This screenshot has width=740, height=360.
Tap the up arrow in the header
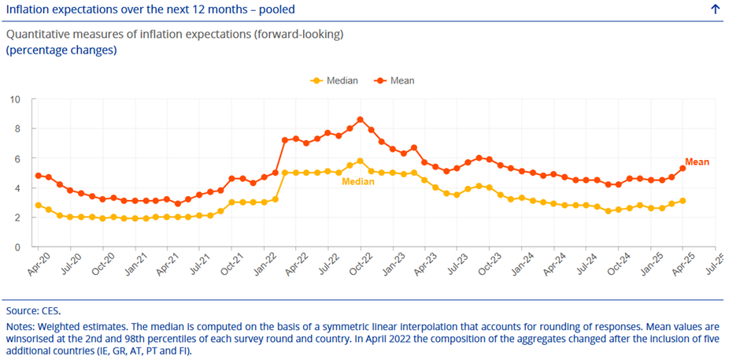pos(715,9)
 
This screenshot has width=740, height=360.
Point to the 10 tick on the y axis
pos(14,99)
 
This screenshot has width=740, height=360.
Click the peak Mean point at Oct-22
pos(360,120)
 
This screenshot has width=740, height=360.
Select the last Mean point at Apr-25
pos(683,169)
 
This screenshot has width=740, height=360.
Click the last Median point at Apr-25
pos(683,201)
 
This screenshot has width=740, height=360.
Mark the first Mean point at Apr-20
pos(38,176)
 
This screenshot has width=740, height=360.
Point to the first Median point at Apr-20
pos(38,206)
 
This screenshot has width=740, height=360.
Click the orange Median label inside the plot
pos(357,181)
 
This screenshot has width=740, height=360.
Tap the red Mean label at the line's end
pos(697,162)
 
